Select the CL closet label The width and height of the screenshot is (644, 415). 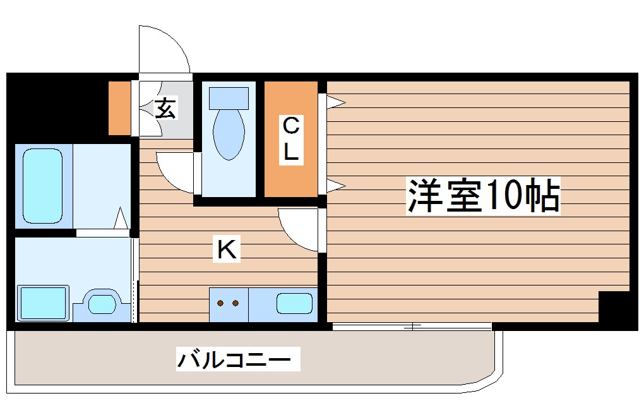pyautogui.click(x=290, y=139)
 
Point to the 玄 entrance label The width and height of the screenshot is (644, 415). pyautogui.click(x=165, y=109)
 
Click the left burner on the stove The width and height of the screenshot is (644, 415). pyautogui.click(x=221, y=304)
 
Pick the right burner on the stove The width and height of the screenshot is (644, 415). pyautogui.click(x=236, y=304)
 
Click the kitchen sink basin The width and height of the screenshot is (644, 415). pyautogui.click(x=294, y=304)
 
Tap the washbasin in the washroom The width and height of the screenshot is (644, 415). pyautogui.click(x=100, y=304)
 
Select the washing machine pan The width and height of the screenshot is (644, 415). pyautogui.click(x=43, y=303)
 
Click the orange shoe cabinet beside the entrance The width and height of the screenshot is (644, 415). pyautogui.click(x=119, y=108)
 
